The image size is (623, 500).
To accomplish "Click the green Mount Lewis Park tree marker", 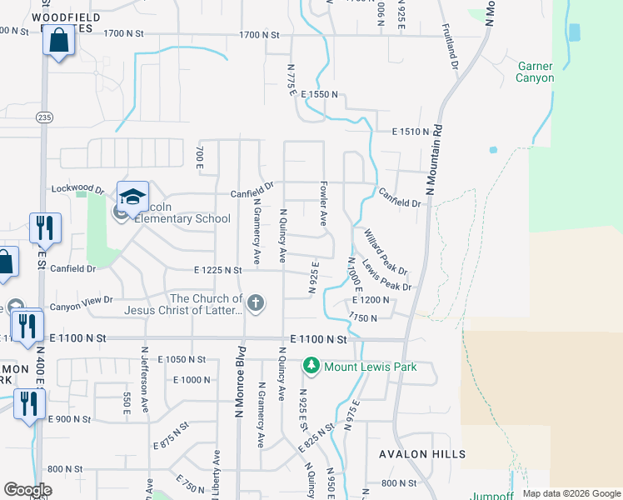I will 311,366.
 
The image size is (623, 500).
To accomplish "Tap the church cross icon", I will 257,303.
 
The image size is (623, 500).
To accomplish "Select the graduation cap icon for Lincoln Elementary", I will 132,197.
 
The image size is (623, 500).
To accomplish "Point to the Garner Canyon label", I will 535,72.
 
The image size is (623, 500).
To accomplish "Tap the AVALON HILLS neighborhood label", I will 422,454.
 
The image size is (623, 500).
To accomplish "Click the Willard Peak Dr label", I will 385,252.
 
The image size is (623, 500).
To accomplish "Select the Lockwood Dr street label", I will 77,190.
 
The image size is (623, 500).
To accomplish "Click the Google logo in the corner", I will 27,490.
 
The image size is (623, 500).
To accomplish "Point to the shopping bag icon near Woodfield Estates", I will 59,40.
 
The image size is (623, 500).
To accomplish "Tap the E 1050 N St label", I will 186,359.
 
